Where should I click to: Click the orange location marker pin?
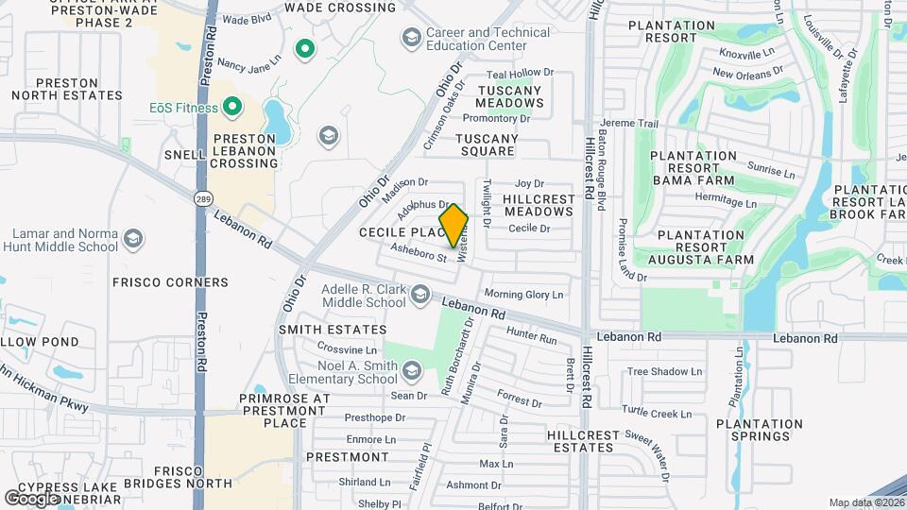(454, 226)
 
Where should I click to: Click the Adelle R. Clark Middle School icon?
(419, 297)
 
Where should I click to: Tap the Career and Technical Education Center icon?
(411, 38)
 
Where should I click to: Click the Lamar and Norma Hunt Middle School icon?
(133, 240)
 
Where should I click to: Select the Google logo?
(32, 498)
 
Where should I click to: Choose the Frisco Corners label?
(170, 282)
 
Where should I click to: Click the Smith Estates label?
(333, 330)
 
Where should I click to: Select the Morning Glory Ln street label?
(523, 295)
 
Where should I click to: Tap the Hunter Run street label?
(531, 334)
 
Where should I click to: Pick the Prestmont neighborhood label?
(348, 457)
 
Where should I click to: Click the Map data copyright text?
(864, 502)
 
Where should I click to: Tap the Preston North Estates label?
(66, 88)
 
